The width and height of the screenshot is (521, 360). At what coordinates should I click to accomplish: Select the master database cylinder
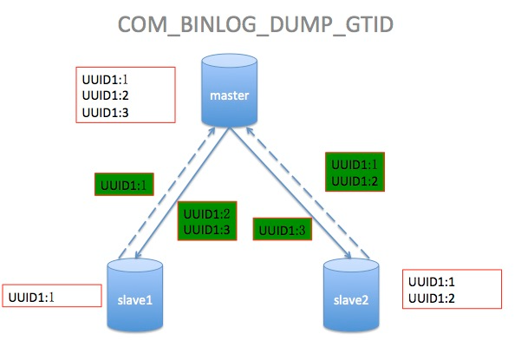coord(230,91)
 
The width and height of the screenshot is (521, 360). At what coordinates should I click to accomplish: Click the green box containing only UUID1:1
coord(123,185)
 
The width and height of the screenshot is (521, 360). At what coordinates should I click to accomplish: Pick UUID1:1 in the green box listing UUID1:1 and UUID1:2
coord(353,164)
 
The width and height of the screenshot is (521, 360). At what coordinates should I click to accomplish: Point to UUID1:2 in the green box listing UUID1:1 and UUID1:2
coord(353,180)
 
